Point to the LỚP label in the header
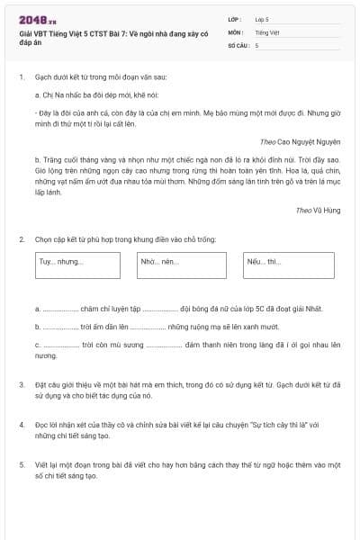(x=235, y=19)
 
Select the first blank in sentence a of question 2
(x=59, y=309)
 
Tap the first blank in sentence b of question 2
(x=60, y=326)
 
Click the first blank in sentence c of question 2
(x=61, y=345)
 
